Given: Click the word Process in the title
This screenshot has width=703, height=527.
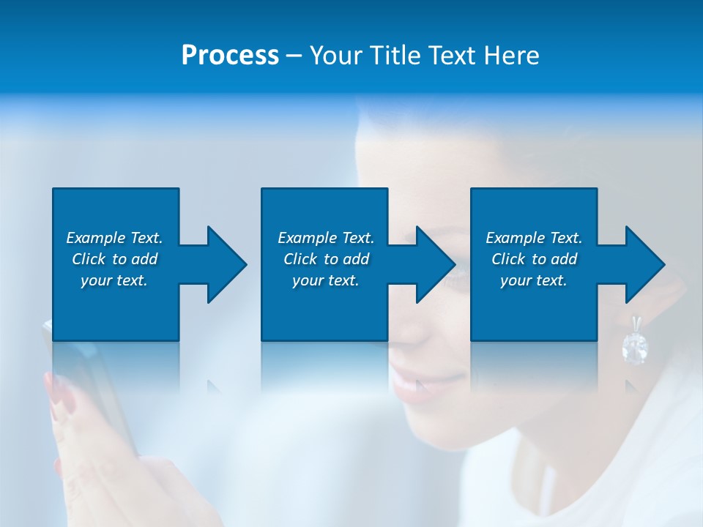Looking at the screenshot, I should tap(230, 56).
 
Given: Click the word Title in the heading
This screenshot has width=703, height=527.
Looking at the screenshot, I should tap(396, 56).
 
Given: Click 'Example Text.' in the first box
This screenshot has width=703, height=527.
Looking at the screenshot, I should tap(114, 238).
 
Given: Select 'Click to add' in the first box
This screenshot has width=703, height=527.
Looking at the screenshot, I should tap(114, 259).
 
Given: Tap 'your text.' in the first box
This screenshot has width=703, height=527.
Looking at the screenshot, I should tap(114, 280).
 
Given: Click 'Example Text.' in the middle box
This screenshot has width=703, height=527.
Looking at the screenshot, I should tap(326, 238).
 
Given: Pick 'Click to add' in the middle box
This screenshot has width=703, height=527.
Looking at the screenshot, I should tap(326, 259).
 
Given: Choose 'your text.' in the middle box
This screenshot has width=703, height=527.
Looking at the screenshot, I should tap(326, 280).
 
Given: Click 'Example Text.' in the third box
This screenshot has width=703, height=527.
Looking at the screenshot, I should tap(534, 238).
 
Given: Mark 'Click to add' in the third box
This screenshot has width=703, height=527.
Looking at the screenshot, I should tap(534, 259).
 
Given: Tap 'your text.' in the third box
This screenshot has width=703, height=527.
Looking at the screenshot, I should tap(534, 280).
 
